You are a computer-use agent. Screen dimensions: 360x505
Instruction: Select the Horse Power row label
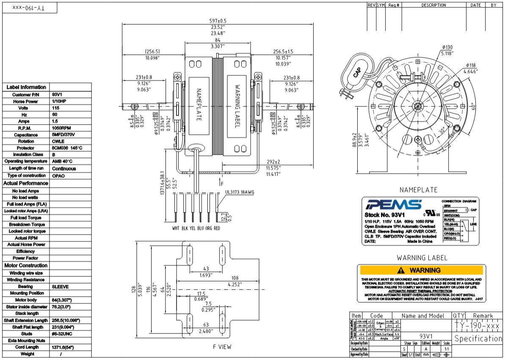coord(26,101)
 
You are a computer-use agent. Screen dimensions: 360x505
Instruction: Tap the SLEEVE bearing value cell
coord(60,287)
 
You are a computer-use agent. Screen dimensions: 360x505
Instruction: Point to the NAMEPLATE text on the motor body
coord(198,105)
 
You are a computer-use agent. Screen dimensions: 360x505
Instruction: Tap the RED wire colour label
coord(217,228)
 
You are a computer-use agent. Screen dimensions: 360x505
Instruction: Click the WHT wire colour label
coord(176,228)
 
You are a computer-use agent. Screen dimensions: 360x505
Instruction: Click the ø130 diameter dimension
coord(447,47)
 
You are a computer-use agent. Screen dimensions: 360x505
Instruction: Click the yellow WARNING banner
coord(421,270)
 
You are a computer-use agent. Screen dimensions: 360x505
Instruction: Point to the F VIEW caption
coord(222,347)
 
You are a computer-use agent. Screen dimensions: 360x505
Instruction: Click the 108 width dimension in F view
coord(235,278)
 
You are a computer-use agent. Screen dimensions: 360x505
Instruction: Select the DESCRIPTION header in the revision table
coord(433,5)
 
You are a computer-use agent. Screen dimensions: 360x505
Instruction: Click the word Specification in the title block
coord(478,338)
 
